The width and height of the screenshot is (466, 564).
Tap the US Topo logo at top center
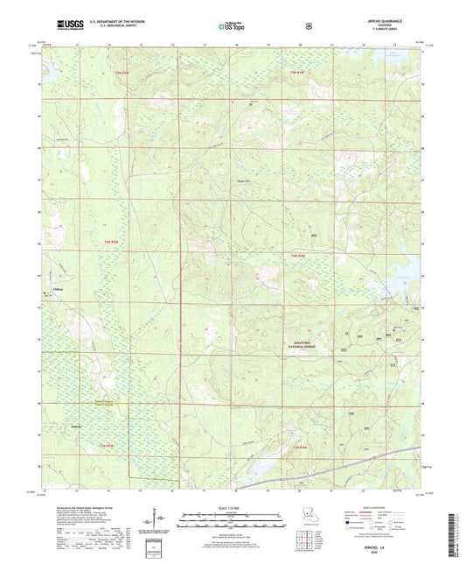tap(232, 26)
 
